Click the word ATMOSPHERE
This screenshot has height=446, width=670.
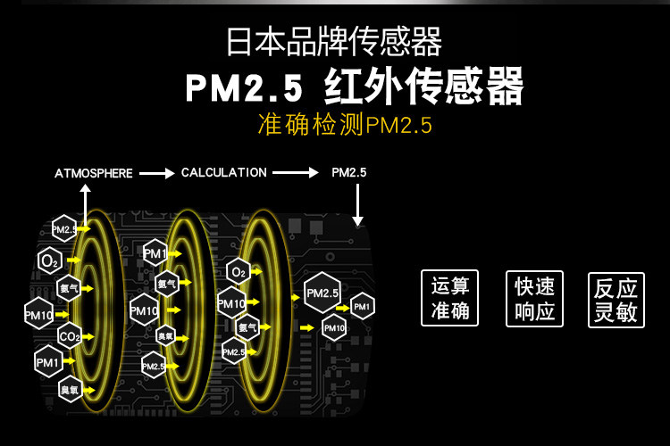(94, 173)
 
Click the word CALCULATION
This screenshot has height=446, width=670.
(223, 172)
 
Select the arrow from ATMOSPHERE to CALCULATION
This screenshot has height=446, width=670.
(156, 173)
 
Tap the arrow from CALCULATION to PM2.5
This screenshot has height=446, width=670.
(296, 173)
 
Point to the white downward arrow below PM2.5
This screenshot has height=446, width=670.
(358, 207)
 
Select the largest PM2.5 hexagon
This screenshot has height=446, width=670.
(322, 293)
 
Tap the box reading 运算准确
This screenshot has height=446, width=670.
(449, 298)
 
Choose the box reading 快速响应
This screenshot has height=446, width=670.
(534, 298)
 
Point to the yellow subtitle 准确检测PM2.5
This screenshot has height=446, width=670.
(344, 125)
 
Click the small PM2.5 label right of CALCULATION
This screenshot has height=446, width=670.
(349, 172)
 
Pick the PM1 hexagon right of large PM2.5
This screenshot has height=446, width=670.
(362, 306)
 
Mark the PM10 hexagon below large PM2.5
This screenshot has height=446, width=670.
(334, 327)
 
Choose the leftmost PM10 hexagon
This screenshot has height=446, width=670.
(39, 314)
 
